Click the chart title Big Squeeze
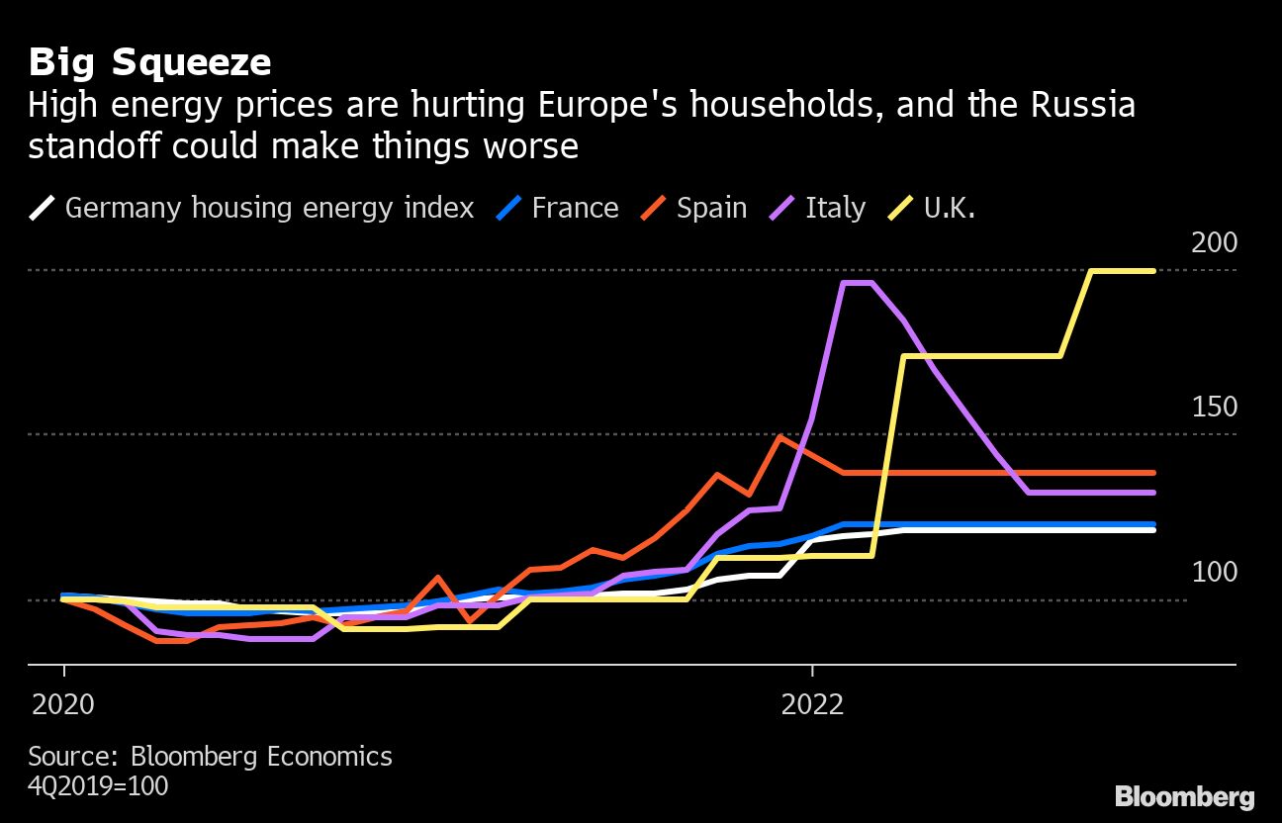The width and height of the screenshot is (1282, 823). [x=149, y=62]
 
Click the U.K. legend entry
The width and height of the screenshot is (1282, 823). [x=934, y=208]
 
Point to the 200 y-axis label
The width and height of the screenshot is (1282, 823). [x=1214, y=243]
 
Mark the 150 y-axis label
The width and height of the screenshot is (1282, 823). [x=1214, y=408]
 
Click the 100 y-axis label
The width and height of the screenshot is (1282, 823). [x=1214, y=573]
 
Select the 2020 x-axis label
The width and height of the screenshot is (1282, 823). [x=63, y=704]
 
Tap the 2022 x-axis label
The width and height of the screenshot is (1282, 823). [x=812, y=704]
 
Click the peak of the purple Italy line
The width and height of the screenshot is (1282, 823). [x=857, y=283]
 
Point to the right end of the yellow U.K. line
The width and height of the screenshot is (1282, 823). [x=1153, y=270]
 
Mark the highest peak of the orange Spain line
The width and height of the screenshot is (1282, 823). [x=780, y=436]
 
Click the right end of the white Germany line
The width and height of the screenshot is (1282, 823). [x=1153, y=530]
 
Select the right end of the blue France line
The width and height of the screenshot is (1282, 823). [x=1153, y=524]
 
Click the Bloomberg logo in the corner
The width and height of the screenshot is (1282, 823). [x=1185, y=796]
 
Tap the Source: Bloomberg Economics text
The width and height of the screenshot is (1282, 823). [x=210, y=757]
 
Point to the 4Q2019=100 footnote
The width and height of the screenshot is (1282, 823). [x=98, y=786]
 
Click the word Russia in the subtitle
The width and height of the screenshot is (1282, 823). [x=1083, y=105]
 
